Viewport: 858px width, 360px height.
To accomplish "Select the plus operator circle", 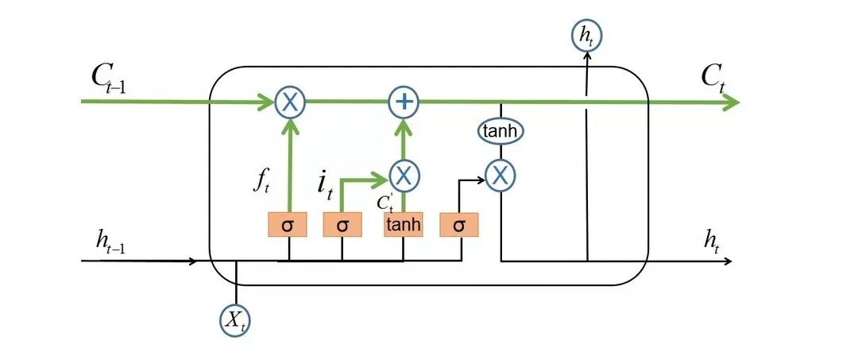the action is coord(404,103).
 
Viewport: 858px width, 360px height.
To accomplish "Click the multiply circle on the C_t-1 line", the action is coord(289,103).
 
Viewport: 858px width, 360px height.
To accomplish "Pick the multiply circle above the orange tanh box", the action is coord(404,176).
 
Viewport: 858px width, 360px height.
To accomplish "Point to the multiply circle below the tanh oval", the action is coord(500,176).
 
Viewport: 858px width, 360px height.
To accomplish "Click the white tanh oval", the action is coord(500,131).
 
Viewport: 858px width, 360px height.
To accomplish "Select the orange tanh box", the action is coord(404,225).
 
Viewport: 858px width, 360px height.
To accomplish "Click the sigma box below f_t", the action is coord(288,225).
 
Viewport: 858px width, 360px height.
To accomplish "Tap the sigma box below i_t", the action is coord(342,225).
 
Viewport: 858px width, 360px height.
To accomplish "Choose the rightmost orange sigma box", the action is coord(459,225).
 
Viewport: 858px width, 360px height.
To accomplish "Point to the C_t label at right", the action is coord(713,80).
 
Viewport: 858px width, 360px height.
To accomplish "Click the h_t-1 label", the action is coord(110,243).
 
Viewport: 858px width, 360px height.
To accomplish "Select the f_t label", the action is coord(261,182).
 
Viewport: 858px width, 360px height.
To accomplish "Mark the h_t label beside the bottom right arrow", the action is coord(712,243).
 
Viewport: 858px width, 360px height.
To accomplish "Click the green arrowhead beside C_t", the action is coord(731,103).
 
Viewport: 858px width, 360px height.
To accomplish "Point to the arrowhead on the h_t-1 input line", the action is coord(192,261).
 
